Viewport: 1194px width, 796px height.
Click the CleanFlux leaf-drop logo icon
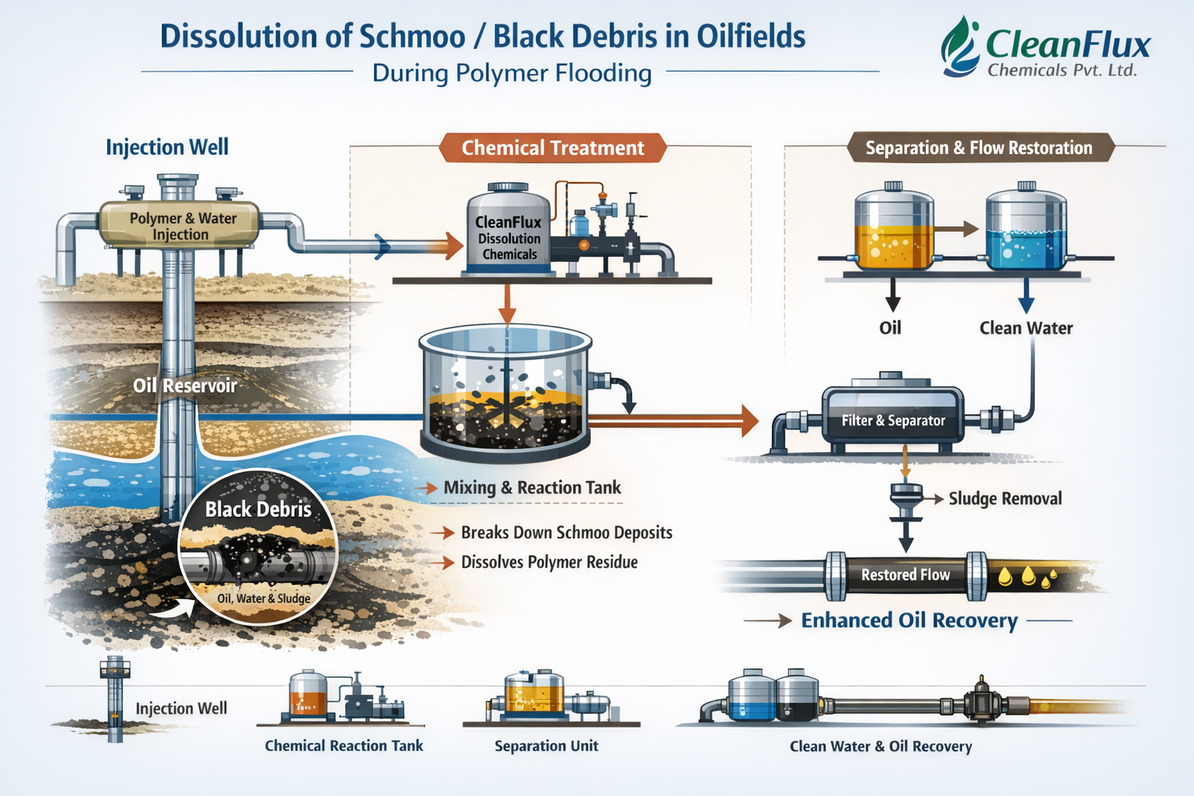click(x=961, y=47)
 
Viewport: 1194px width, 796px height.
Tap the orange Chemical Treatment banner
click(x=553, y=148)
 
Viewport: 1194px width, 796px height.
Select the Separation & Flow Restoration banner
click(x=979, y=148)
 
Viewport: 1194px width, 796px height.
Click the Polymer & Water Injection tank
click(x=180, y=225)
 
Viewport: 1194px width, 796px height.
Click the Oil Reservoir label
click(x=184, y=386)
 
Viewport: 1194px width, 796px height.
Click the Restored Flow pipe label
click(x=906, y=575)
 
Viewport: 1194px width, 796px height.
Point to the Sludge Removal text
click(x=1005, y=499)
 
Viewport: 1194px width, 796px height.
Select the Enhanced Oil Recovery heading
click(x=909, y=620)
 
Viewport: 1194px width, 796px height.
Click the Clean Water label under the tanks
click(x=1026, y=328)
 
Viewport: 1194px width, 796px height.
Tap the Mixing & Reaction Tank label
click(x=532, y=488)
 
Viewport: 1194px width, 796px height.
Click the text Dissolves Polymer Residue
click(x=550, y=562)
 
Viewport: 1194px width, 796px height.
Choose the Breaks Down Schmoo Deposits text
click(x=567, y=532)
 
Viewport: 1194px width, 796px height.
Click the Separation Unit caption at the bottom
click(x=546, y=746)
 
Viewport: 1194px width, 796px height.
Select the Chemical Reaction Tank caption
click(x=344, y=746)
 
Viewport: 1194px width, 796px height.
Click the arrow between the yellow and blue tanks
click(x=957, y=229)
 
